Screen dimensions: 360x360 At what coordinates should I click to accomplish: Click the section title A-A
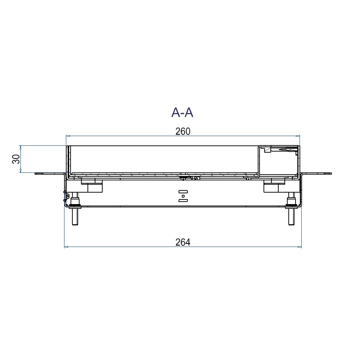coord(182,112)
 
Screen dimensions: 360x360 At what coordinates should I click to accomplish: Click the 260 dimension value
coord(183,131)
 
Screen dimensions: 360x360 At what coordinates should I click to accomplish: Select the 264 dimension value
coord(183,242)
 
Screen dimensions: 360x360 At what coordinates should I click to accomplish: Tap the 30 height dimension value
coord(16,159)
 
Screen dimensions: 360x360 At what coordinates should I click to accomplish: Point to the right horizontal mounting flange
coord(316,174)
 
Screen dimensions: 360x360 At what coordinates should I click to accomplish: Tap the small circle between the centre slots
coord(183,196)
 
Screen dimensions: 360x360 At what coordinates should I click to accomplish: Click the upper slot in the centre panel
coord(183,192)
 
